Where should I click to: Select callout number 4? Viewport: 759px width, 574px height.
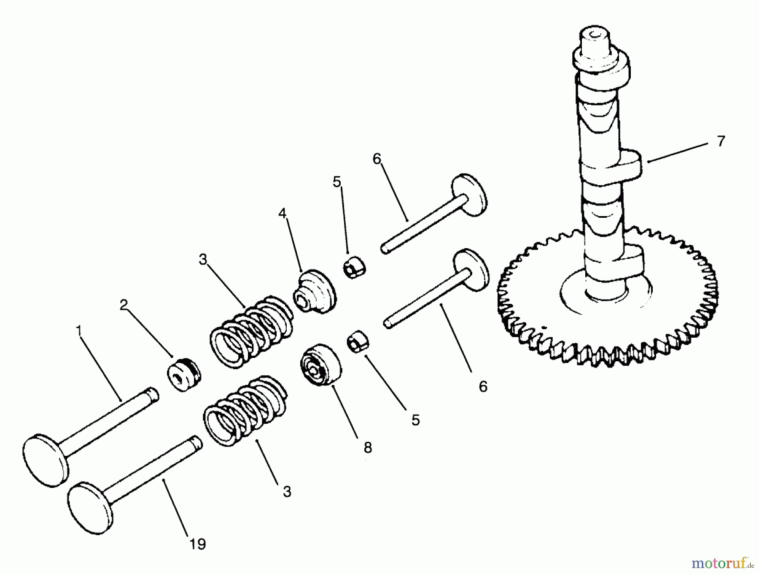tap(282, 214)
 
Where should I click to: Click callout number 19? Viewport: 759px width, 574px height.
tap(197, 544)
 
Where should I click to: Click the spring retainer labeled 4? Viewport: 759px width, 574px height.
tap(315, 292)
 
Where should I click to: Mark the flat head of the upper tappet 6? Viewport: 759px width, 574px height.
tap(469, 194)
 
